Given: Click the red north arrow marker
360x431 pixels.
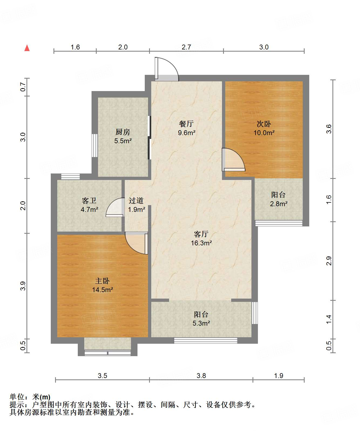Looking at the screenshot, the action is click(x=27, y=48).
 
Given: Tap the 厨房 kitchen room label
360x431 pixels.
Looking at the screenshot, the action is click(x=123, y=132).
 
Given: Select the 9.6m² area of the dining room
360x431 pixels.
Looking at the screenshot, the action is click(x=187, y=132).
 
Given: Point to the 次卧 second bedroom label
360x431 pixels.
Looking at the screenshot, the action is click(x=264, y=124).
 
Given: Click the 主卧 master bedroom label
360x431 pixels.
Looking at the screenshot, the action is click(x=102, y=281).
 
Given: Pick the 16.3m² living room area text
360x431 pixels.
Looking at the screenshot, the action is click(x=201, y=243).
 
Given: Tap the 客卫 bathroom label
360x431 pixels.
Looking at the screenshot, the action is click(x=89, y=201).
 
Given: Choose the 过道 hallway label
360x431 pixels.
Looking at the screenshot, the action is click(x=136, y=201).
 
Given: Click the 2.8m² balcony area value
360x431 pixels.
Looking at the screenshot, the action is click(x=278, y=204).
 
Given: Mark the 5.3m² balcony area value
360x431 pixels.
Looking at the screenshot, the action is click(x=201, y=323).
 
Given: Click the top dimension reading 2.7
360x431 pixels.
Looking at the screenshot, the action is click(x=186, y=47).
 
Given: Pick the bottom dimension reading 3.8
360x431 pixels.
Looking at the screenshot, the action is click(x=201, y=376).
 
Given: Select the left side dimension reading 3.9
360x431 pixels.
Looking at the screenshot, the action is click(x=23, y=286).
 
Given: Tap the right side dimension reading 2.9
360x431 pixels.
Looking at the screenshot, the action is click(x=329, y=261).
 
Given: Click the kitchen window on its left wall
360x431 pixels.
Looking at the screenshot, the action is click(x=95, y=146).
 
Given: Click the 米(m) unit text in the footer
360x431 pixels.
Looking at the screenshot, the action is click(x=41, y=397).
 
